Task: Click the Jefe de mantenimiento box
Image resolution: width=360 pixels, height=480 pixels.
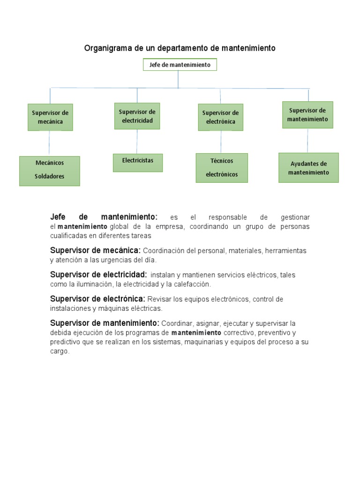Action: point(180,65)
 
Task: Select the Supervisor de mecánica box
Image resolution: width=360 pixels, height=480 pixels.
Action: point(50,117)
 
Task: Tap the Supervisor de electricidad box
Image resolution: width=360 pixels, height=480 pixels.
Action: point(137,116)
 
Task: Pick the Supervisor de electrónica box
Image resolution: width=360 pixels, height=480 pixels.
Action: point(220,117)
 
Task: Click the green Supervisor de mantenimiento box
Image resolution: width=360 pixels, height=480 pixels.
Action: point(307,115)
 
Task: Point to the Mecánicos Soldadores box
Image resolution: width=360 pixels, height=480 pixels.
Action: point(50,171)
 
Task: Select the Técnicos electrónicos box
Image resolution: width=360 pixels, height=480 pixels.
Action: point(222,168)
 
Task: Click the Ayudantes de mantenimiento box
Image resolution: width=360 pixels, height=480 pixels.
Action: point(308,167)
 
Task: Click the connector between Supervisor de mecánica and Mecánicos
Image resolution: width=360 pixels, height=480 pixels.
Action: point(50,143)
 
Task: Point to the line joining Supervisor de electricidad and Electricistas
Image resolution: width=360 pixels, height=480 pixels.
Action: point(137,141)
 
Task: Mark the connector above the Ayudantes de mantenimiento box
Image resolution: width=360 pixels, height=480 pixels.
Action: point(307,140)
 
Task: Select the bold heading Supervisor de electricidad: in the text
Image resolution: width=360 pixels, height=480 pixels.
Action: point(98,275)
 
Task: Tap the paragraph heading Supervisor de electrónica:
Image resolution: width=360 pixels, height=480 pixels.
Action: point(97,299)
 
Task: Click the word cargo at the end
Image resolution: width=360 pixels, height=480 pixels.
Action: point(59,351)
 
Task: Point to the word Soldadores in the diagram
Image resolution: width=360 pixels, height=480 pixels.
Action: point(50,177)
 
